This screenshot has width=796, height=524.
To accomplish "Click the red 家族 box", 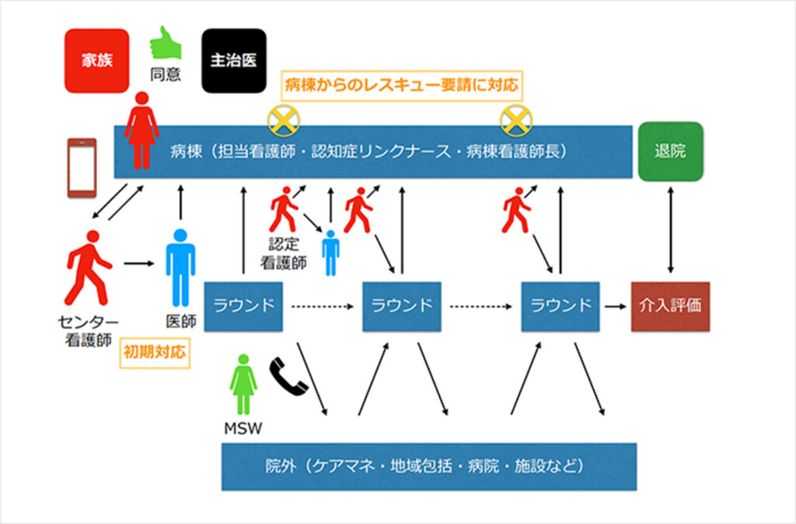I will click(97, 60).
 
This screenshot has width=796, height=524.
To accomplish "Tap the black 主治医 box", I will click(233, 60).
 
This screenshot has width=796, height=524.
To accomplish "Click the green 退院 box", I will click(670, 151).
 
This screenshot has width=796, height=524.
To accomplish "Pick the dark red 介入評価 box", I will click(670, 306).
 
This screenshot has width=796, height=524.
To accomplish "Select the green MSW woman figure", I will click(244, 384).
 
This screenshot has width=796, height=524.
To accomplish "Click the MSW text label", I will click(244, 428).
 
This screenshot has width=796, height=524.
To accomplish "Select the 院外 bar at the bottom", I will click(428, 466).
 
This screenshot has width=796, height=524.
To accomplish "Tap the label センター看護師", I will click(89, 330).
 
